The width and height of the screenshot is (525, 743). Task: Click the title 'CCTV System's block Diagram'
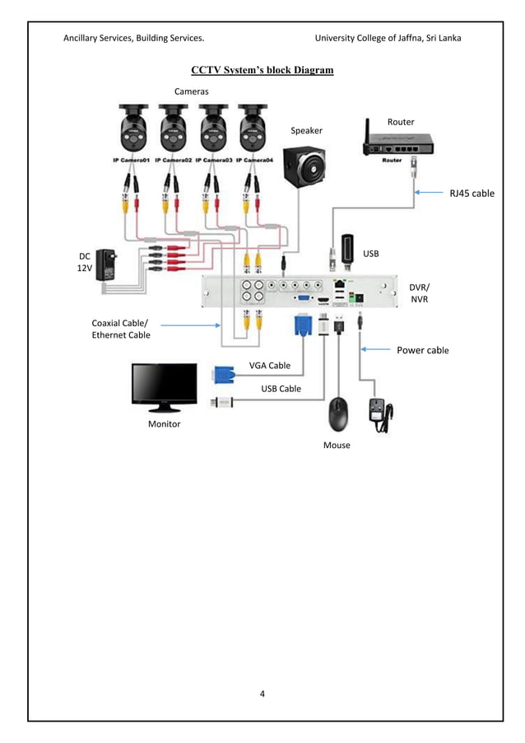pos(262,70)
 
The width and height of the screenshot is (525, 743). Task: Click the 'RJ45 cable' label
pos(472,193)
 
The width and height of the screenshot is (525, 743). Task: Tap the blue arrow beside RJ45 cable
pos(430,193)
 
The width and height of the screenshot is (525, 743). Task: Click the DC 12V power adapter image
pos(107,266)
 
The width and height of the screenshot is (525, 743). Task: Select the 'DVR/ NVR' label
pos(419,292)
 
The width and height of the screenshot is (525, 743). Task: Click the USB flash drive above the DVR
pos(347,250)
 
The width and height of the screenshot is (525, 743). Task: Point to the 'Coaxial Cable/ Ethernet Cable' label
pos(120,329)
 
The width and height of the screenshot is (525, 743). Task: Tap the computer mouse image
pos(337,415)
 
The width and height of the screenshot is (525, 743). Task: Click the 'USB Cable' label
pos(281,388)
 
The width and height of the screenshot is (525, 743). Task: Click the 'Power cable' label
pos(422,350)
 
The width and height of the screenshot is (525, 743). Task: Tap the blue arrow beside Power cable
pos(377,349)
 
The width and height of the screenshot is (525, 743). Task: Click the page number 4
pos(262,693)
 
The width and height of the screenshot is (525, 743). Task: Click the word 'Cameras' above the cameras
pos(191,91)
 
